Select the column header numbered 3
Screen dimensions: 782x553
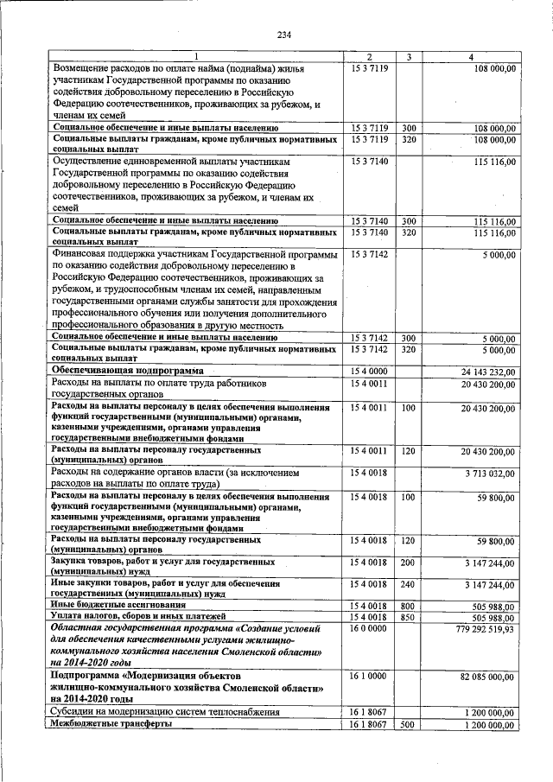point(410,57)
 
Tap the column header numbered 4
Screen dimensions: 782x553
point(471,57)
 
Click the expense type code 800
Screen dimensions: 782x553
point(410,606)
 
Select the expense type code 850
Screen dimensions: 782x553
point(410,617)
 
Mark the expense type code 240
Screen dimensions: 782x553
point(410,585)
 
